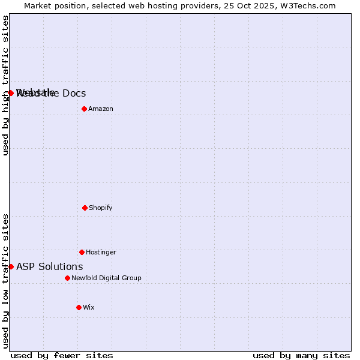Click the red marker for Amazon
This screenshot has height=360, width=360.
pos(84,109)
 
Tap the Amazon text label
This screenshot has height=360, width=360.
pos(101,109)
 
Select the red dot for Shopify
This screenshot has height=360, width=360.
pos(85,208)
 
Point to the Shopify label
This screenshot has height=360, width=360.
pos(101,208)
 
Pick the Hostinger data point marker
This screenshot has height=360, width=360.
pos(82,252)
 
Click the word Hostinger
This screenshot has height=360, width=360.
pos(101,252)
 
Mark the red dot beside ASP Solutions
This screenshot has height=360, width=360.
pos(11,266)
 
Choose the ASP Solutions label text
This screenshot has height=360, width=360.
pos(50,266)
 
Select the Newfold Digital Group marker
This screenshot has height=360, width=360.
pos(67,278)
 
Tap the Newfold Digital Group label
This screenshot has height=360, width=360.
pos(106,278)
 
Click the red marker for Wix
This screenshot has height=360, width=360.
pos(79,307)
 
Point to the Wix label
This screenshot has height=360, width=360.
pos(89,307)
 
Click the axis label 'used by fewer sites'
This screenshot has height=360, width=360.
pos(62,355)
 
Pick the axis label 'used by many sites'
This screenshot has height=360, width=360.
pos(301,355)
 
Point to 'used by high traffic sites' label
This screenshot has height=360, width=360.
pos(5,85)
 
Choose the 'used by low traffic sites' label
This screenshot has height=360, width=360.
pos(5,281)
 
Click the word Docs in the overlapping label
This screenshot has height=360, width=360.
pos(74,93)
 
